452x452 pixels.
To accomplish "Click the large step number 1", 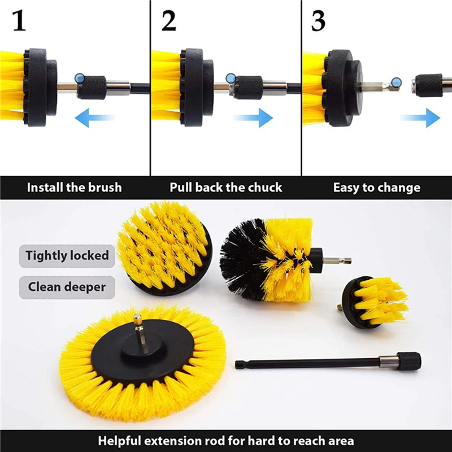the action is (19, 21).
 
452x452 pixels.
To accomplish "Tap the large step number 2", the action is (168, 21).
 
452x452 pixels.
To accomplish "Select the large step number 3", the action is (318, 21).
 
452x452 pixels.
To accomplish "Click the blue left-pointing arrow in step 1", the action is (94, 118).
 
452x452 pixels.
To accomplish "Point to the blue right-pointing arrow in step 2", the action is (253, 118).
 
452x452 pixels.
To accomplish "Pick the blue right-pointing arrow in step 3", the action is (420, 118).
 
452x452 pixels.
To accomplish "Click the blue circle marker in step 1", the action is (80, 78).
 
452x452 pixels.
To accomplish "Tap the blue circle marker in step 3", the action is (397, 82).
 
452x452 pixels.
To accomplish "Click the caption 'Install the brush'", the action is (75, 188).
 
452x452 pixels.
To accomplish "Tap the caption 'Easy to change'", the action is (377, 188).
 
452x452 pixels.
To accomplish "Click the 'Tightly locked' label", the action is (67, 256).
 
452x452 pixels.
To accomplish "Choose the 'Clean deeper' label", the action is (67, 287).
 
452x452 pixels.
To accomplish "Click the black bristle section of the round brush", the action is (243, 259).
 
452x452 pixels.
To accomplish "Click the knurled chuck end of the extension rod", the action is (408, 361).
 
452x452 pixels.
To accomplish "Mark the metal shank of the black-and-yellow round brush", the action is (337, 261).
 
